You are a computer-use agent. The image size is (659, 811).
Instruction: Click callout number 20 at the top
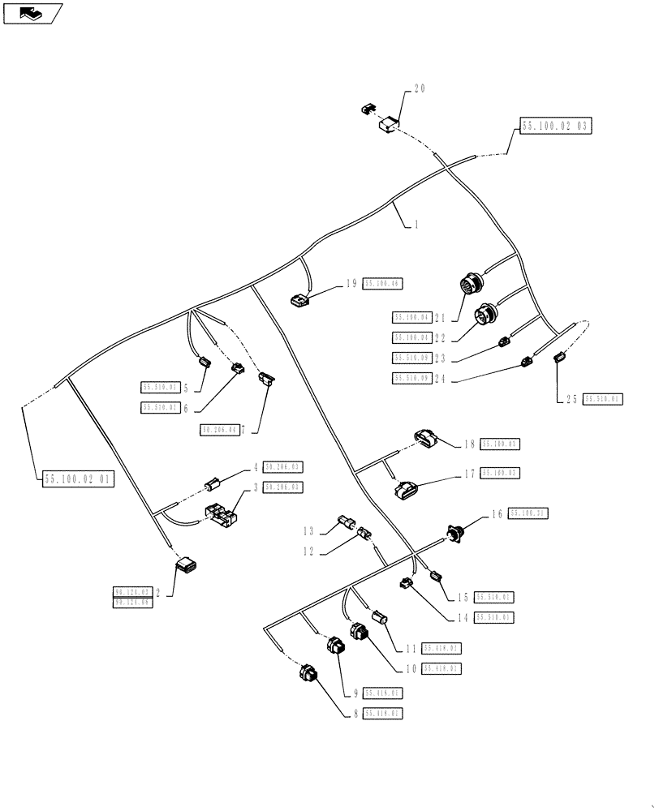(420, 89)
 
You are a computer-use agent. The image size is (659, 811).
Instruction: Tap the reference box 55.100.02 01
(77, 479)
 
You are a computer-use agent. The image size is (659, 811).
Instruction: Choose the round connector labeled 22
(487, 313)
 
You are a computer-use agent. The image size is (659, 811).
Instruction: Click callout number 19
(351, 283)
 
